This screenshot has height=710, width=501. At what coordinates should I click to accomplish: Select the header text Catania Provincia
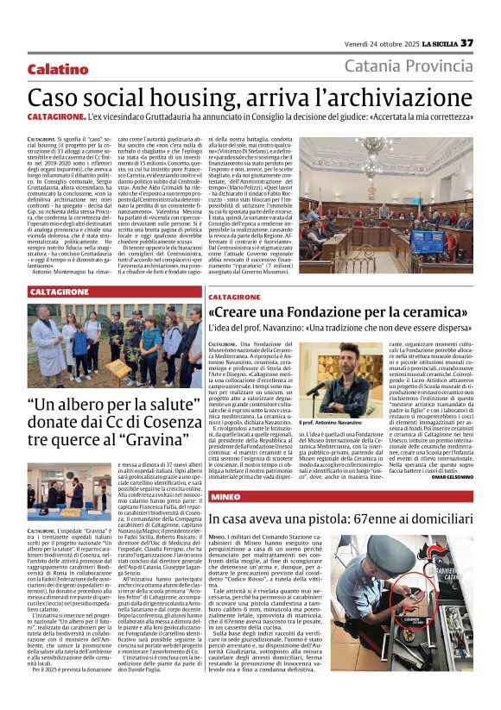click(409, 66)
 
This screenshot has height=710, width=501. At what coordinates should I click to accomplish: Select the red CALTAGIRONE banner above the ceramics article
click(242, 296)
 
